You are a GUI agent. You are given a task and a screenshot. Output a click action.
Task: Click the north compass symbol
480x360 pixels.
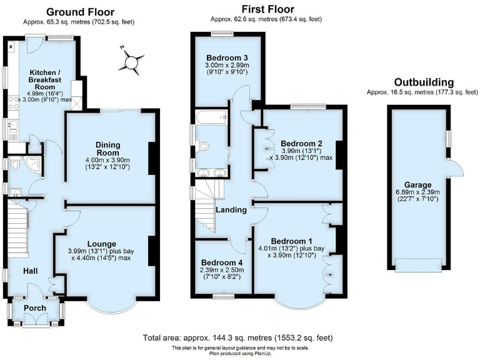coord(129,61)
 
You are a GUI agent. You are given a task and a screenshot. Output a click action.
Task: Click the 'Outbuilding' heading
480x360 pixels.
coord(423,82)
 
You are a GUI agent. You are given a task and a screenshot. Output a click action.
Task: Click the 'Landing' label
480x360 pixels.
coord(231,210)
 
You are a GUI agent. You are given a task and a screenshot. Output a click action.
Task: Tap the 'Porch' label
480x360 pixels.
coord(35,309)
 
